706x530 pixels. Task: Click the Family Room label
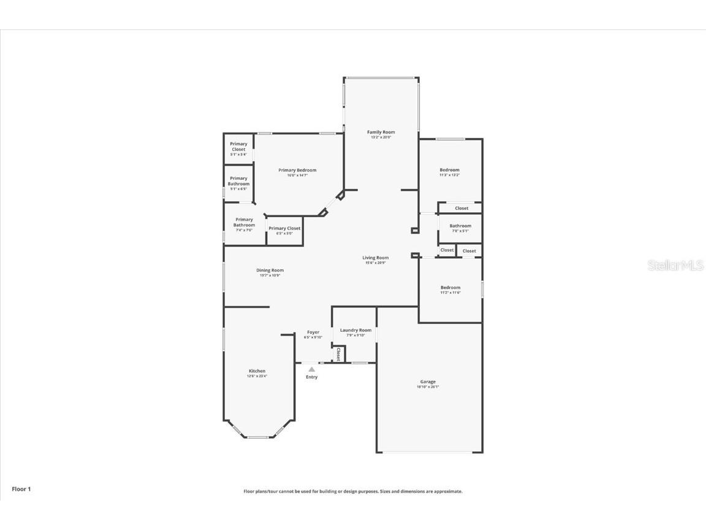[x=381, y=132]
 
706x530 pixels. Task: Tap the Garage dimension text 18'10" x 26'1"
[x=428, y=387]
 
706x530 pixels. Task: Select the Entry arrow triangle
[x=311, y=369]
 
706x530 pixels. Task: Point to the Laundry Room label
[x=355, y=330]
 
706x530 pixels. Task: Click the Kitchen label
[x=257, y=371]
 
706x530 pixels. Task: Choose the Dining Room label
[x=270, y=270]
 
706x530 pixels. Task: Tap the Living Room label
[x=375, y=258]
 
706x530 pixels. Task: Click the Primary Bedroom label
[x=297, y=170]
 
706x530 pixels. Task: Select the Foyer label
[x=313, y=332]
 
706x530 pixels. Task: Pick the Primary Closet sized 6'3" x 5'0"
[x=284, y=228]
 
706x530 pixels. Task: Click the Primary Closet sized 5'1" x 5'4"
[x=238, y=147]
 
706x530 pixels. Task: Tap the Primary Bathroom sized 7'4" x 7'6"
[x=244, y=222]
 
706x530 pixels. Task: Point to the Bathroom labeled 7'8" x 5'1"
[x=460, y=226]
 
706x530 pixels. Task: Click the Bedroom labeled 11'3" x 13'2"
[x=449, y=170]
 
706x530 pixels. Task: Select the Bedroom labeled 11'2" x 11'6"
[x=450, y=287]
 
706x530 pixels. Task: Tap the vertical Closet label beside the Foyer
[x=338, y=354]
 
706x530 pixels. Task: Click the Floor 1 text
[x=21, y=489]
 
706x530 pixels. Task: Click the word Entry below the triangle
[x=311, y=377]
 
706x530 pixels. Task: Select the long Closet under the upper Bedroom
[x=461, y=208]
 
